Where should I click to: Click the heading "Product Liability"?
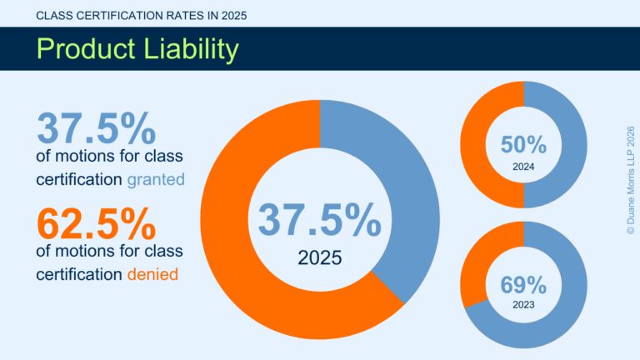(137, 49)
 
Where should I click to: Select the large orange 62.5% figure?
(96, 223)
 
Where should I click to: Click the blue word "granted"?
(156, 178)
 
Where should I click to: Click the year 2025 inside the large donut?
(319, 257)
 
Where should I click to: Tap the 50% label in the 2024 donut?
(523, 145)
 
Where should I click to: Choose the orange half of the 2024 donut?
(472, 144)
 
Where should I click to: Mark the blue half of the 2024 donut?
(576, 144)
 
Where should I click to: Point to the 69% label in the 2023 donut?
(523, 285)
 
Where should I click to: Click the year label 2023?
(523, 306)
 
